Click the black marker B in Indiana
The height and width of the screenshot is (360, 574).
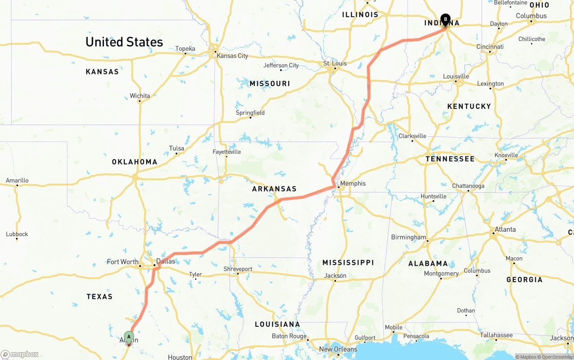445,19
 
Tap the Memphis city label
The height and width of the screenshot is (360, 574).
353,183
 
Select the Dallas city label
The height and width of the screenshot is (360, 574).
165,261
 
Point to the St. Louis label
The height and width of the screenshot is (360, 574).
335,63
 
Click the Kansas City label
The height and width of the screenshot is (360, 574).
232,56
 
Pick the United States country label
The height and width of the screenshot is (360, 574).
124,42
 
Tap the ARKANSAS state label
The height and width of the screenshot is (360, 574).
274,189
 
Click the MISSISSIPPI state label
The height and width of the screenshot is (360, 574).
348,262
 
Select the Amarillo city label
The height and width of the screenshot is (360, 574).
17,181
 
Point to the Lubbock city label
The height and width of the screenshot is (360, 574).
17,234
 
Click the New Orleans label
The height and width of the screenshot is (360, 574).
338,349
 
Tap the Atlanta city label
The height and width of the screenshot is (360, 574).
505,230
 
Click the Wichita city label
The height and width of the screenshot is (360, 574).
140,96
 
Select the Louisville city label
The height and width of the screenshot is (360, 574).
456,77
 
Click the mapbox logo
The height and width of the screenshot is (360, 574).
20,355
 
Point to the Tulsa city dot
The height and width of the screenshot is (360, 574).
176,154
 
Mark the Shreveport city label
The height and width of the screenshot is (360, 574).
238,269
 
